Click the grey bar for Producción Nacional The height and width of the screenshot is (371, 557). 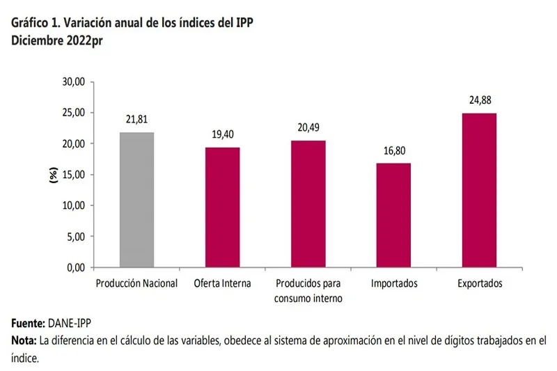(x=136, y=200)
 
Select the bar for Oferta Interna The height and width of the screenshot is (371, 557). (x=222, y=207)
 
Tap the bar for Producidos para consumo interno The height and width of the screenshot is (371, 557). (x=308, y=204)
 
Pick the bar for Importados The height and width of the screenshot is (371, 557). (x=393, y=215)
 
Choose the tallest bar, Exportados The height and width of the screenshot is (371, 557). (x=479, y=190)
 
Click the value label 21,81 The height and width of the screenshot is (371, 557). (x=136, y=120)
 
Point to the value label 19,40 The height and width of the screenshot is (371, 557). (x=222, y=134)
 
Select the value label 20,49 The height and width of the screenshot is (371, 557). (x=308, y=127)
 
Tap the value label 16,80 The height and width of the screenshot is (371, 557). (x=393, y=150)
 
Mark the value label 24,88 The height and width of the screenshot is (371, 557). (x=480, y=100)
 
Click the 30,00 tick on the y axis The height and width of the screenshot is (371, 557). (x=73, y=81)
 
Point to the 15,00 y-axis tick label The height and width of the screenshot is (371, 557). (x=73, y=175)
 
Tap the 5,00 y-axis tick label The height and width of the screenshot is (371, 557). (x=75, y=237)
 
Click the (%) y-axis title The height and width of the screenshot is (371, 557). (x=54, y=175)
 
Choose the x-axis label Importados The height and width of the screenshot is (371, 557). (x=394, y=284)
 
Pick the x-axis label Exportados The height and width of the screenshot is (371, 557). (x=480, y=284)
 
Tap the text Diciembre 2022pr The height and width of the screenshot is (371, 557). (x=51, y=40)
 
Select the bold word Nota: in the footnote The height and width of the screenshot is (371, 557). (x=24, y=341)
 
